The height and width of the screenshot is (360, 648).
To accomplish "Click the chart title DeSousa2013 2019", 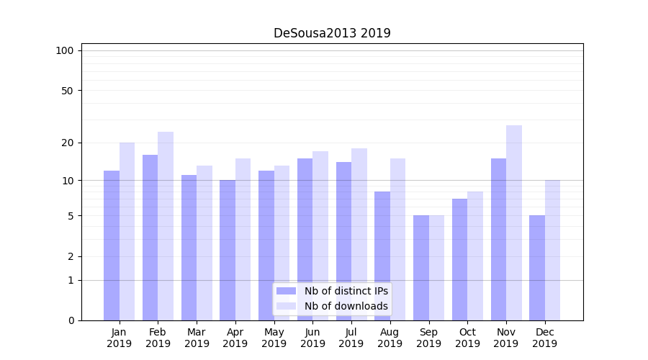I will [x=332, y=33].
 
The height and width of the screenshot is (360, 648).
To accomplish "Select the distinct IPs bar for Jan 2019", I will [x=112, y=245].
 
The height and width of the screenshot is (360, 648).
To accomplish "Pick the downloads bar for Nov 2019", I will [x=514, y=222].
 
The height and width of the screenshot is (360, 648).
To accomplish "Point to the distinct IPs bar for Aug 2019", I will [x=382, y=256].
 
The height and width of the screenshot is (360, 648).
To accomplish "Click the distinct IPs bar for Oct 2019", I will [x=460, y=259].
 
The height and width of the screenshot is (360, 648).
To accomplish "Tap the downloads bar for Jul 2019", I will [x=359, y=234].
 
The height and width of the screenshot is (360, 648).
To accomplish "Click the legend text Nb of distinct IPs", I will [x=346, y=291].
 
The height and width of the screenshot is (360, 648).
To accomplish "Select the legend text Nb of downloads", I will [x=346, y=306].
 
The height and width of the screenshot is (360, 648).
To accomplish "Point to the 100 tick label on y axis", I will [x=65, y=50].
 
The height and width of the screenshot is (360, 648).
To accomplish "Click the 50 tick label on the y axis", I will [x=67, y=91].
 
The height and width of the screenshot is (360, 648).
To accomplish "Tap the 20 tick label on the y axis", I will [x=67, y=143].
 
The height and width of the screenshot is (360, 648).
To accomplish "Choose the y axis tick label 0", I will [x=71, y=320].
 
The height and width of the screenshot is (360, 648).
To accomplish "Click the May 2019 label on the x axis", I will [x=274, y=338].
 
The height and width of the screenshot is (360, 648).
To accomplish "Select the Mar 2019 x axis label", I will [x=197, y=338].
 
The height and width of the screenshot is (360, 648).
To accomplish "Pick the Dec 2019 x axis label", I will [x=545, y=338].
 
